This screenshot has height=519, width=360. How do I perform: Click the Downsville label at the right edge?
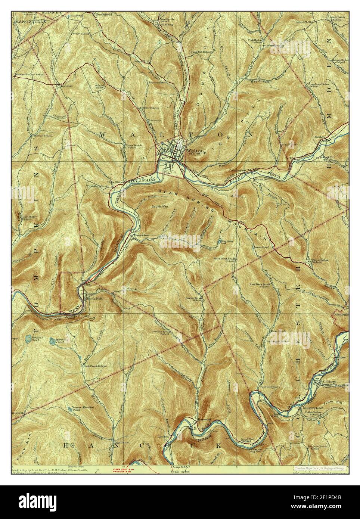[x=341, y=315]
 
